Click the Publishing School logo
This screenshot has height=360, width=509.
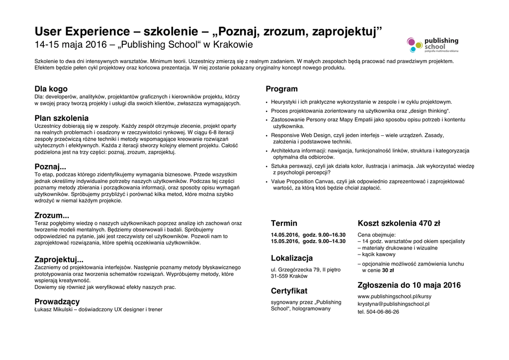coord(432,45)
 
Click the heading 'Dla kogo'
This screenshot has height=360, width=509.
coord(51,89)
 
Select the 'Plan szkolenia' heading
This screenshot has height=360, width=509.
coord(62,118)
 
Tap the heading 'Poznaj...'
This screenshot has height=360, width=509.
coord(50,167)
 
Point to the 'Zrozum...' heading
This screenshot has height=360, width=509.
coord(52,215)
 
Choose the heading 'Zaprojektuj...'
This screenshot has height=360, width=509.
coord(59,260)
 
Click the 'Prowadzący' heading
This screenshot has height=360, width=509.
coord(57,301)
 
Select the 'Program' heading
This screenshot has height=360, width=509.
coord(281,89)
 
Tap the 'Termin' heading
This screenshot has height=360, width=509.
coord(284,223)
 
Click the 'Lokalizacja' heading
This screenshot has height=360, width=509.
coord(292,258)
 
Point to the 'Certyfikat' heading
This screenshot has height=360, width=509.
coord(289,291)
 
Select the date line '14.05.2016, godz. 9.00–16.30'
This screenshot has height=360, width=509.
coord(308,235)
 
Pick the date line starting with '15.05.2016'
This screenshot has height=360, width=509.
coord(308,241)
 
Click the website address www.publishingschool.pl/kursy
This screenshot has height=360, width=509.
coord(395,296)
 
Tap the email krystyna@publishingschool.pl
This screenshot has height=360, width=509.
coord(393,304)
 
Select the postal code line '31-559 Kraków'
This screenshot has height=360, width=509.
coord(289,277)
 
